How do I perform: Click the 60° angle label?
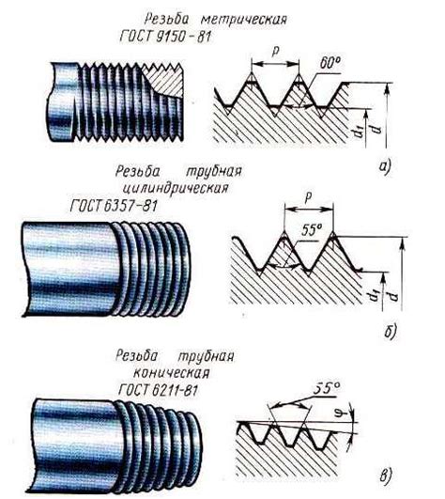point(330,63)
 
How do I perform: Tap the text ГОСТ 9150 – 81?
point(165,37)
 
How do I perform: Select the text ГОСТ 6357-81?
point(114,206)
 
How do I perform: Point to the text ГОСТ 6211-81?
point(158,390)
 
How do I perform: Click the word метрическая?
point(244,20)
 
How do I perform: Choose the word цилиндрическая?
point(176,188)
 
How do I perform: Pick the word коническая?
point(171,372)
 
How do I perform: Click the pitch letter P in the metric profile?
point(275,52)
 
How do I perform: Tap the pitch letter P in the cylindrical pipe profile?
point(308,197)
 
